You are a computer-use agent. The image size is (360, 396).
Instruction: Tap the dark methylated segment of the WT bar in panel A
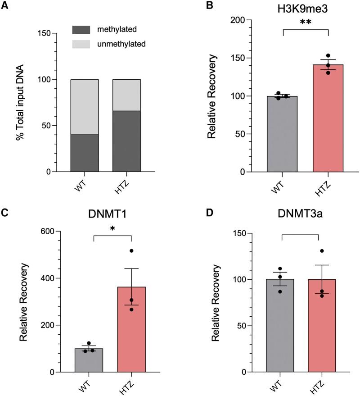pos(85,153)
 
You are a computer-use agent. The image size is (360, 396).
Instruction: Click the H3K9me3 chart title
pos(306,6)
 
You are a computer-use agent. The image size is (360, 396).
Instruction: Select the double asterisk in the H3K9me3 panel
pos(306,22)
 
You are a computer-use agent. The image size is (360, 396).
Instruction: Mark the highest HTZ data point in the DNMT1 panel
pos(131,250)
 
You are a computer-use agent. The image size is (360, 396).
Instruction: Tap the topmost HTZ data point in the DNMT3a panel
pos(322,251)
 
